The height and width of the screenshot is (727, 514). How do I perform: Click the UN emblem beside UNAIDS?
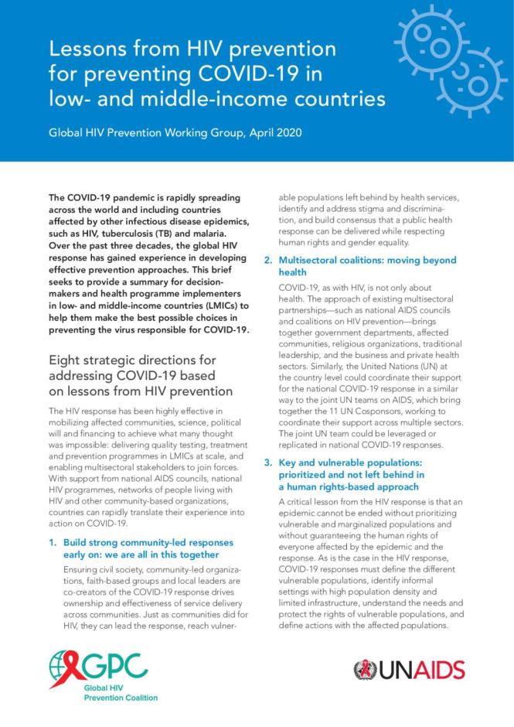365,669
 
